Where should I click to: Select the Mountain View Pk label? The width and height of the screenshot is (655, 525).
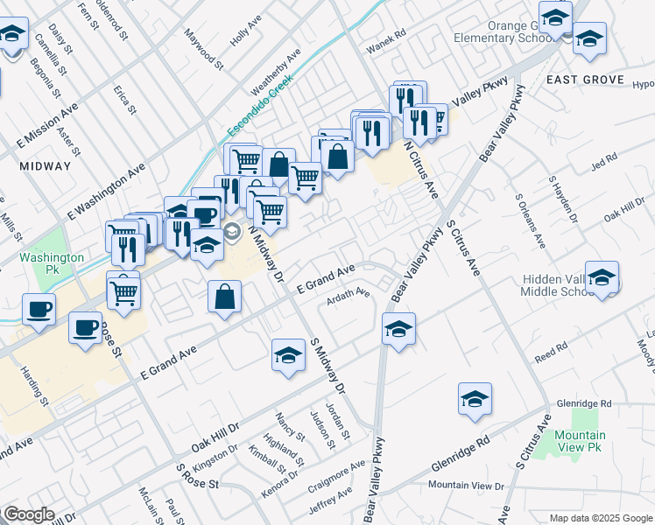coord(580,441)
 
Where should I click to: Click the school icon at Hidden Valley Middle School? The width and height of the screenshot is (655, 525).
coord(602,277)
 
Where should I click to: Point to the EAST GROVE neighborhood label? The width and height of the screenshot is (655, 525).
coord(585,80)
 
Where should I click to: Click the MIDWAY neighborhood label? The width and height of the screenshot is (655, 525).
coord(44,166)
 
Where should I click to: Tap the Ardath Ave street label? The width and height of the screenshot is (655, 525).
coord(349,294)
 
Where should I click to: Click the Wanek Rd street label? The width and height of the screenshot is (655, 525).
coord(389,35)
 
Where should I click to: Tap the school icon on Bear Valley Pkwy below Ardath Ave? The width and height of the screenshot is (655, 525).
coord(398,330)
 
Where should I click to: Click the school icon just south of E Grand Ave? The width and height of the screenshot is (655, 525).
coord(288,355)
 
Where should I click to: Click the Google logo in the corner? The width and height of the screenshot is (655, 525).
coord(29,514)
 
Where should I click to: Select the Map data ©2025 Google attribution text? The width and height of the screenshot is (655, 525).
coord(600,518)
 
